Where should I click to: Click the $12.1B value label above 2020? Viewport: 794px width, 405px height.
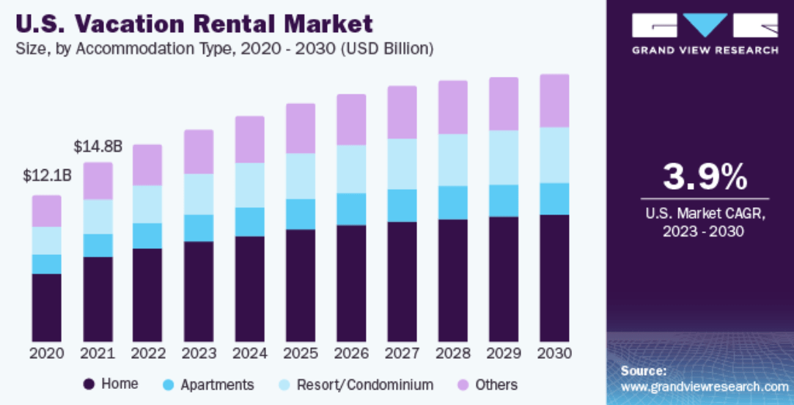(x=47, y=176)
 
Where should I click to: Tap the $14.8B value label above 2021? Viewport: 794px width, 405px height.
(x=98, y=146)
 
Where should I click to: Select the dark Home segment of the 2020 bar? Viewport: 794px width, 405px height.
(x=47, y=308)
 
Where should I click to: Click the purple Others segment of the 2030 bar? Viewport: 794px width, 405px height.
(x=554, y=100)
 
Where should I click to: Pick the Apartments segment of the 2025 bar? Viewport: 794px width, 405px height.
(x=301, y=214)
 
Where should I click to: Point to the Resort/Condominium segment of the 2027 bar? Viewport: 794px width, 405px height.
(x=402, y=164)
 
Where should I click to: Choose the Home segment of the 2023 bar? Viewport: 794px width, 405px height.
(x=199, y=291)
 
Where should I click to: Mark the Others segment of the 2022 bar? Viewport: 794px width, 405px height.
(x=147, y=165)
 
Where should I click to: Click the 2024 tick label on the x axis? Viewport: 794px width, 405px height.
(x=249, y=353)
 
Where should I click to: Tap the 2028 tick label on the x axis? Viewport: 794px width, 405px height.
(x=452, y=353)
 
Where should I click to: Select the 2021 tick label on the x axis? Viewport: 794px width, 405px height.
(x=98, y=353)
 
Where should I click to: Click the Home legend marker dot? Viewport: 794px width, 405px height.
(x=89, y=384)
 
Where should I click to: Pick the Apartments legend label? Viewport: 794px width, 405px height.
(x=217, y=384)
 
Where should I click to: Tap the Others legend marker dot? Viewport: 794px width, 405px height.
(x=463, y=384)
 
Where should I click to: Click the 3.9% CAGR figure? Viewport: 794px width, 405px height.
(x=705, y=177)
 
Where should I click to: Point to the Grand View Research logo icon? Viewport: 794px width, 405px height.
(x=705, y=26)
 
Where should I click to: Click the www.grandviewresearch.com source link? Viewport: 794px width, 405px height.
(x=705, y=387)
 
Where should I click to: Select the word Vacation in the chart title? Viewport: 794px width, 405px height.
(x=142, y=24)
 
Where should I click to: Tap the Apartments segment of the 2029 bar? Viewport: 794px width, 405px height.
(x=504, y=201)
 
